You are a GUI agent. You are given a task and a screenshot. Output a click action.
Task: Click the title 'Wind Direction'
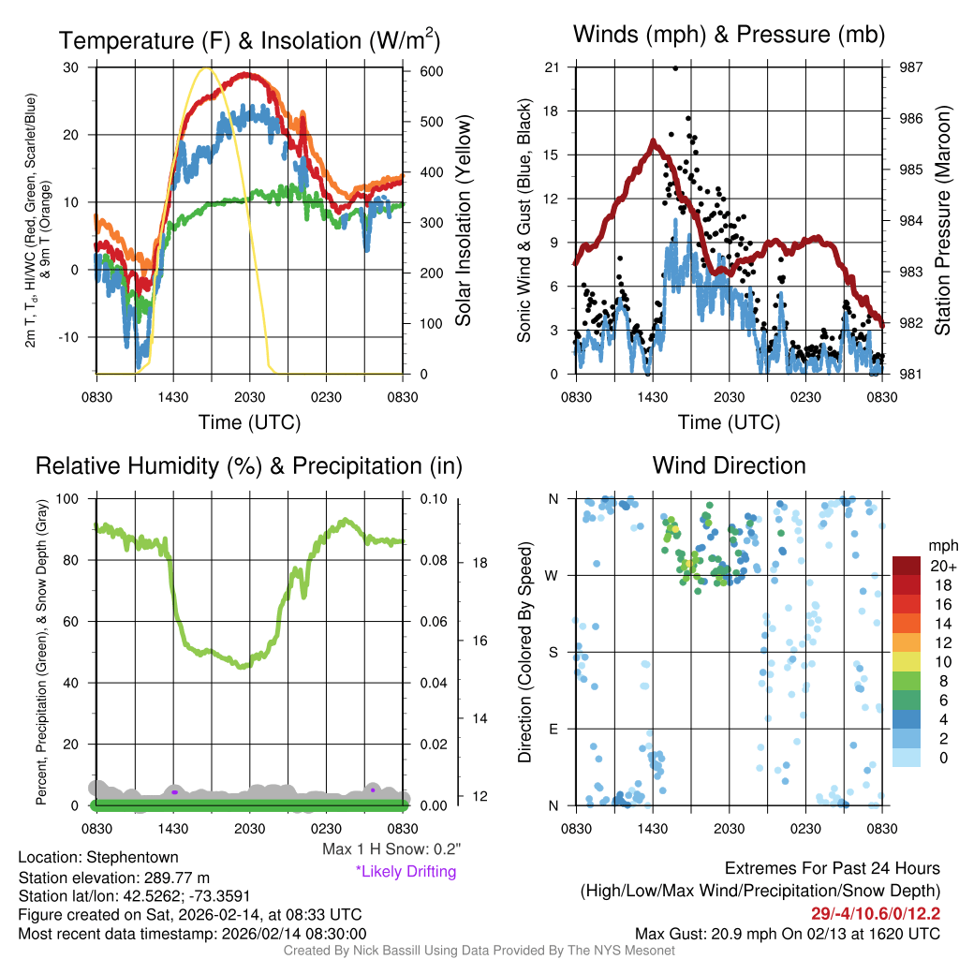tap(729, 465)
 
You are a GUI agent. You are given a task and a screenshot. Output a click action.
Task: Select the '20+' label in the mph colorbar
tap(939, 567)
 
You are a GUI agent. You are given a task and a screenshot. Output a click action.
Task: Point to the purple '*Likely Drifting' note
tap(406, 872)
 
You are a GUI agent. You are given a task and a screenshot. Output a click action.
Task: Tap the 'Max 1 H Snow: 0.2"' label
tap(391, 849)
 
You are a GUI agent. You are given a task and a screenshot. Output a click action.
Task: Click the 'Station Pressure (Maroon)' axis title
tap(943, 221)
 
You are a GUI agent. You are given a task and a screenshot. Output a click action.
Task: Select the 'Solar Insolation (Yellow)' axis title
tap(464, 221)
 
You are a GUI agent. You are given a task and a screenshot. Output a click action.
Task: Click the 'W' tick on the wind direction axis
tap(554, 575)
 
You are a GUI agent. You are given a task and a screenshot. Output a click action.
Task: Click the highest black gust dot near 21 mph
tap(675, 68)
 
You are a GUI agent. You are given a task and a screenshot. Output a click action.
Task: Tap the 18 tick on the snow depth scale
tap(479, 563)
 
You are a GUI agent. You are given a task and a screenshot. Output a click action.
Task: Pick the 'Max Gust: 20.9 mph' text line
tap(787, 934)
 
